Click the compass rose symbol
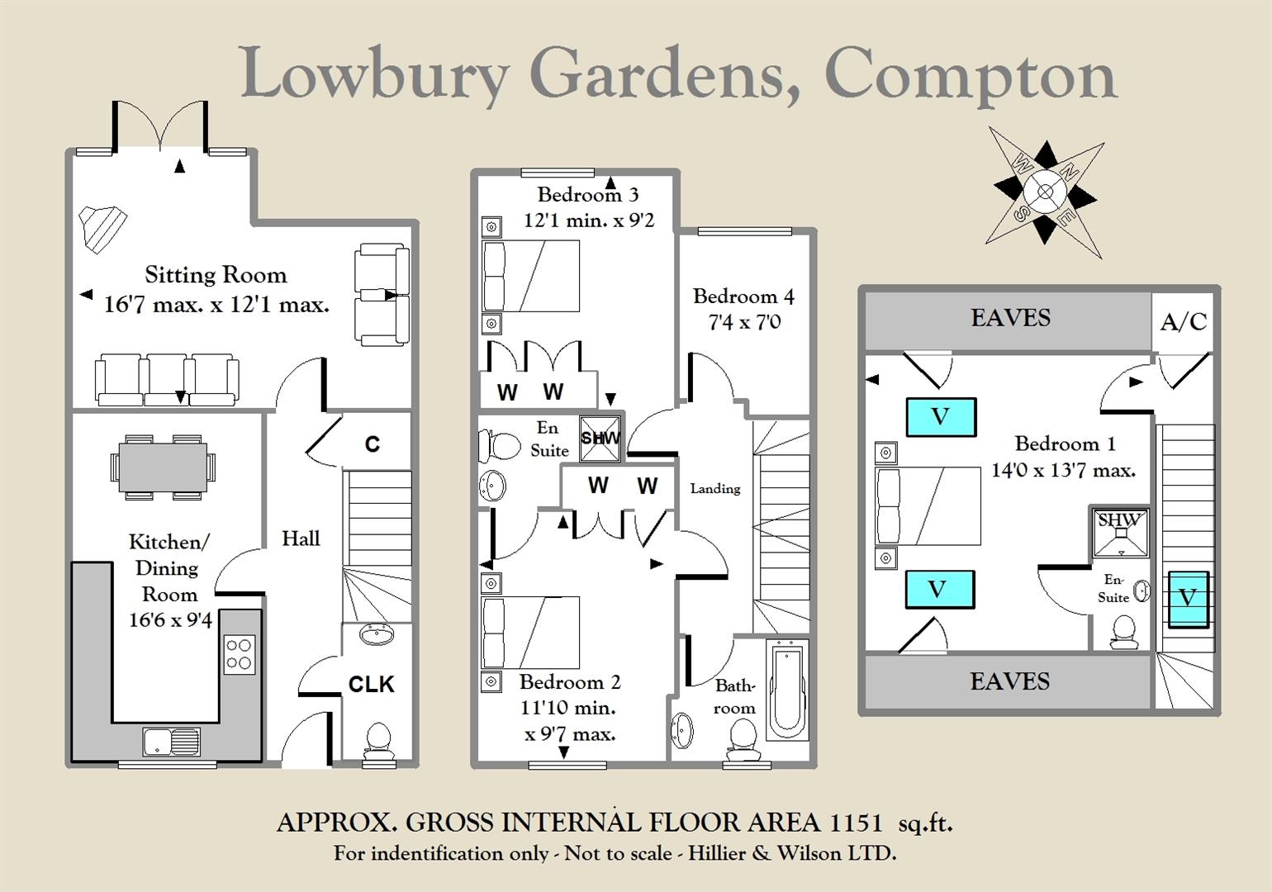[x=1045, y=192]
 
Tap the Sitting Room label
[x=216, y=275]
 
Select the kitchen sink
[x=171, y=741]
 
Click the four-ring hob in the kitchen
[x=240, y=653]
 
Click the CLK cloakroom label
[x=371, y=684]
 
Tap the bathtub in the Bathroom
[x=788, y=689]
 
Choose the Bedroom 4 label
[x=743, y=297]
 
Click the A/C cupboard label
[x=1184, y=321]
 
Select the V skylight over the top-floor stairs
[x=1188, y=598]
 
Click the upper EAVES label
[x=1010, y=318]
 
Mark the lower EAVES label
[x=1009, y=681]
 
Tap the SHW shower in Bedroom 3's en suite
[x=600, y=437]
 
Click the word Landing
[x=715, y=489]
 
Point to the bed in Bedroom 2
[x=530, y=633]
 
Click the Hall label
[x=301, y=539]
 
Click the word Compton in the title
[x=971, y=76]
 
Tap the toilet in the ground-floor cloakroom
[x=378, y=740]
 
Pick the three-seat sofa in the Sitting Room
[x=167, y=379]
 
